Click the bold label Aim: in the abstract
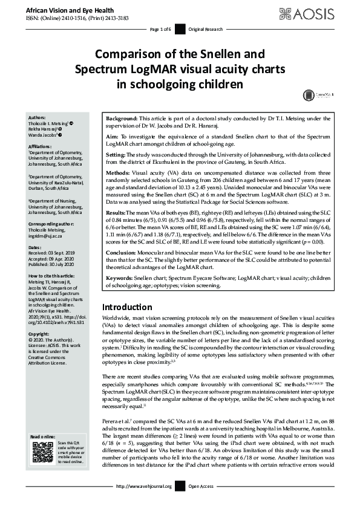pos(113,138)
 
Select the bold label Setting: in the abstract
pos(117,155)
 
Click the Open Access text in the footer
pos(201,486)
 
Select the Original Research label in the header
pos(206,29)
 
